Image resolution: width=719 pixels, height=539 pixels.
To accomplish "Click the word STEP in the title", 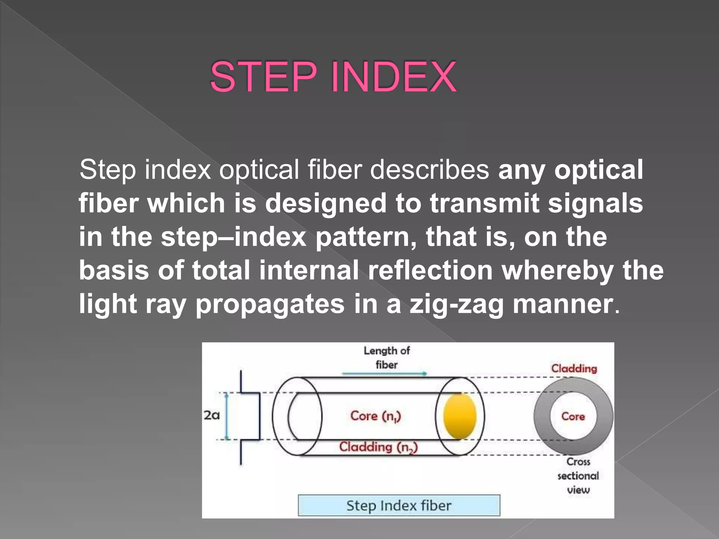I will coord(263,77).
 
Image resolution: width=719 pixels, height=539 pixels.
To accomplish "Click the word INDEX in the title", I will coord(393,77).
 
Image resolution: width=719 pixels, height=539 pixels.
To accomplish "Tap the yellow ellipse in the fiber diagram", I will coord(460,416).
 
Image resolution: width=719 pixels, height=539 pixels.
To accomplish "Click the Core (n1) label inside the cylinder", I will coord(375,416).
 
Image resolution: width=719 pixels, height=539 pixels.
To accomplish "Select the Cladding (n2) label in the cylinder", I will coord(378,447).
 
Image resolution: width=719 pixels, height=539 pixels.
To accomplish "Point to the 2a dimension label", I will coord(212,415).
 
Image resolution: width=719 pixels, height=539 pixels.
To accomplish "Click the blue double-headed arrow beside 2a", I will coord(227,416).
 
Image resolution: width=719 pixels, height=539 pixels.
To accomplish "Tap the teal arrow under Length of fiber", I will coord(384,374).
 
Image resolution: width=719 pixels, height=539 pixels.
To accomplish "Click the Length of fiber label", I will coord(387,357).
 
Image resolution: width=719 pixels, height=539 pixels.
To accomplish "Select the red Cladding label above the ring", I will coord(574,368).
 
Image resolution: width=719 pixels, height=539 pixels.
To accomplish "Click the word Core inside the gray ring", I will coord(573,417).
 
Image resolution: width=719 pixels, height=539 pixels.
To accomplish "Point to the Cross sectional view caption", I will coord(578,476).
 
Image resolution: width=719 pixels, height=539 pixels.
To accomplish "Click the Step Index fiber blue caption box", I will coord(399,506).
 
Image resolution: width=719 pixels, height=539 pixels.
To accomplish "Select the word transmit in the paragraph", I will coord(484,204).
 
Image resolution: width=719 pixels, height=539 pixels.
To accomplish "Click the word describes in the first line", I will coord(429,170).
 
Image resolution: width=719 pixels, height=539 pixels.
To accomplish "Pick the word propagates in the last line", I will coord(270,304).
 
